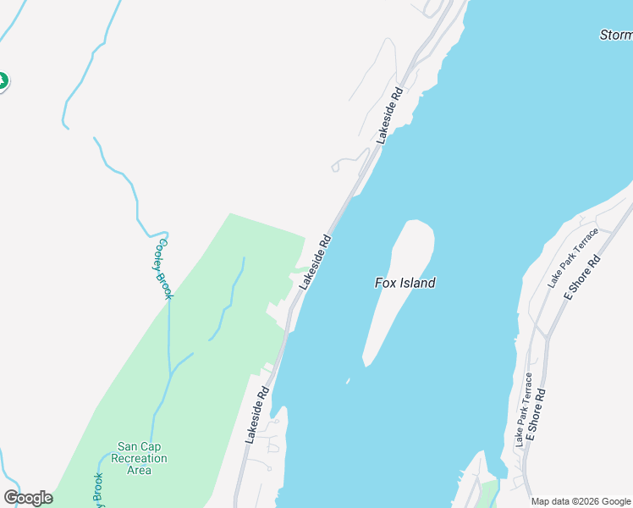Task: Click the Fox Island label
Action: pyautogui.click(x=405, y=283)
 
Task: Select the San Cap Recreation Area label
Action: pyautogui.click(x=141, y=458)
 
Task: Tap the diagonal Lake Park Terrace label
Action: pyautogui.click(x=573, y=257)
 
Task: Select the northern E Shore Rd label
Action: pyautogui.click(x=582, y=278)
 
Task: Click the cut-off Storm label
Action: pyautogui.click(x=615, y=35)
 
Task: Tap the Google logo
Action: pyautogui.click(x=28, y=498)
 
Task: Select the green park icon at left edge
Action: pyautogui.click(x=3, y=81)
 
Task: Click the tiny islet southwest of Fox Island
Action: pyautogui.click(x=347, y=381)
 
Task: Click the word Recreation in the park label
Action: pyautogui.click(x=141, y=458)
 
